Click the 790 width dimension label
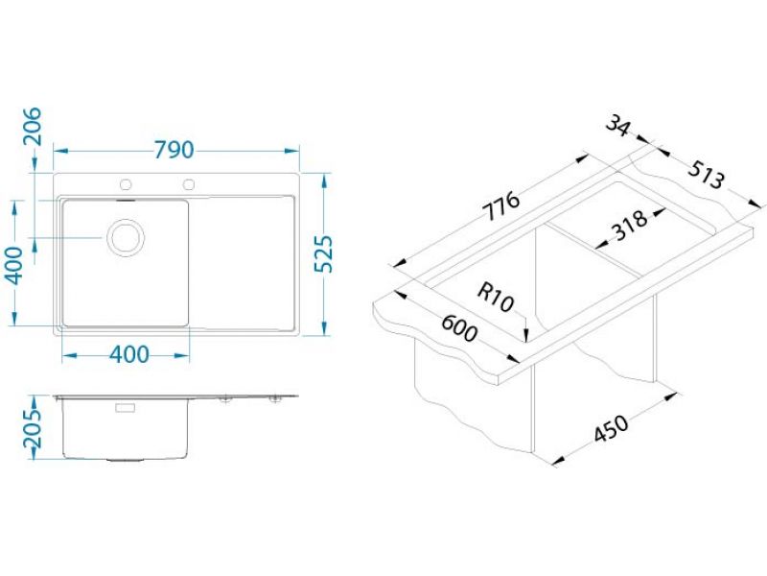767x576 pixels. click(174, 151)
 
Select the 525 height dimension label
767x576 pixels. click(323, 254)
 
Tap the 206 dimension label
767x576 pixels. click(34, 127)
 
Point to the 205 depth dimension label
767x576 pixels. click(34, 428)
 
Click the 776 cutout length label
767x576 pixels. click(500, 206)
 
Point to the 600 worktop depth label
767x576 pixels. click(459, 328)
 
